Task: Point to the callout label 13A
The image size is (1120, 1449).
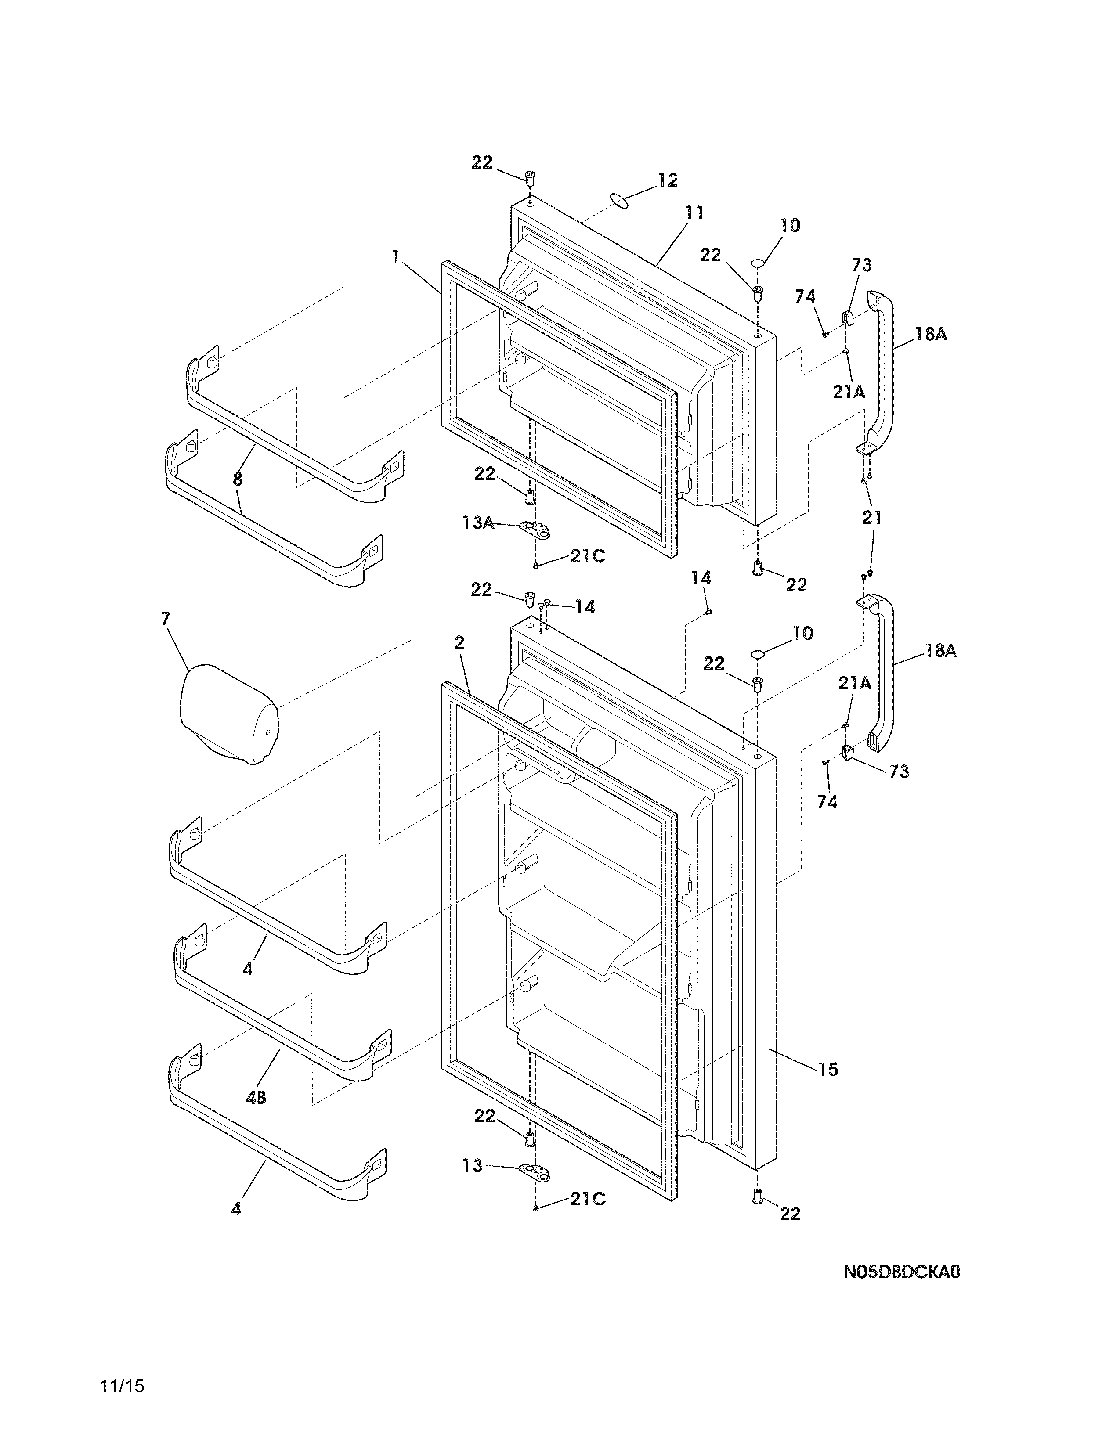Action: (478, 523)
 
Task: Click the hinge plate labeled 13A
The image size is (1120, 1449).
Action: (536, 529)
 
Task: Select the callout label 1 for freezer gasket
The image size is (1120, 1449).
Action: (396, 257)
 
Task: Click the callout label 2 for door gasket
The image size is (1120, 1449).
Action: (459, 642)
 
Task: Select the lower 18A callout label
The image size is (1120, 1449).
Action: (940, 651)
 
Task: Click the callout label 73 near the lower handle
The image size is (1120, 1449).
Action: (899, 771)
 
